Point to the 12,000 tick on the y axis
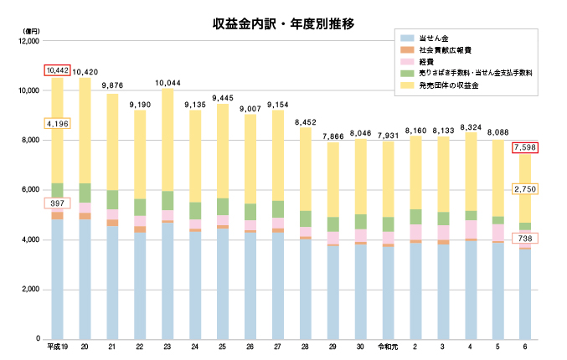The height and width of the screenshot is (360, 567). pyautogui.click(x=29, y=41)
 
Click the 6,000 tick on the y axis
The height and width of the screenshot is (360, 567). pyautogui.click(x=32, y=190)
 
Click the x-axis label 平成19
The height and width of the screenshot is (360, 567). pyautogui.click(x=58, y=347)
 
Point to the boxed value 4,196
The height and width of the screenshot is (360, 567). pyautogui.click(x=58, y=123)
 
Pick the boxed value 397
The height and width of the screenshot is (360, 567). pyautogui.click(x=58, y=203)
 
